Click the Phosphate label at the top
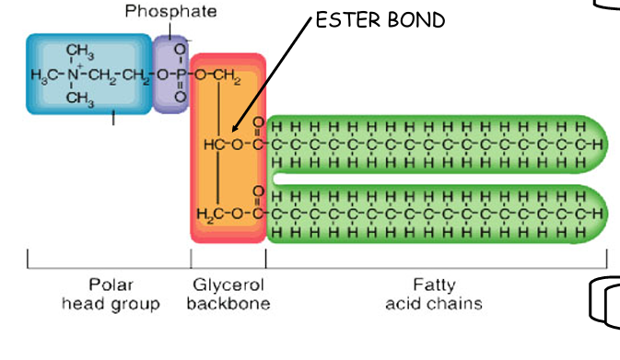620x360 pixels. point(171,12)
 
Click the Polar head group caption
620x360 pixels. point(111,295)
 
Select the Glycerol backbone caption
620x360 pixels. point(228,295)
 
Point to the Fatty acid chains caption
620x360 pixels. point(434,295)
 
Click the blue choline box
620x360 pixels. point(88,74)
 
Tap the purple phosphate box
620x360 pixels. point(170,74)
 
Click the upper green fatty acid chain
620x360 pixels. point(433,145)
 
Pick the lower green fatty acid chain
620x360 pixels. point(433,214)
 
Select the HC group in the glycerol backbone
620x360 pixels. point(214,145)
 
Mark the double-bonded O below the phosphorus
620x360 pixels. point(179,96)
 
